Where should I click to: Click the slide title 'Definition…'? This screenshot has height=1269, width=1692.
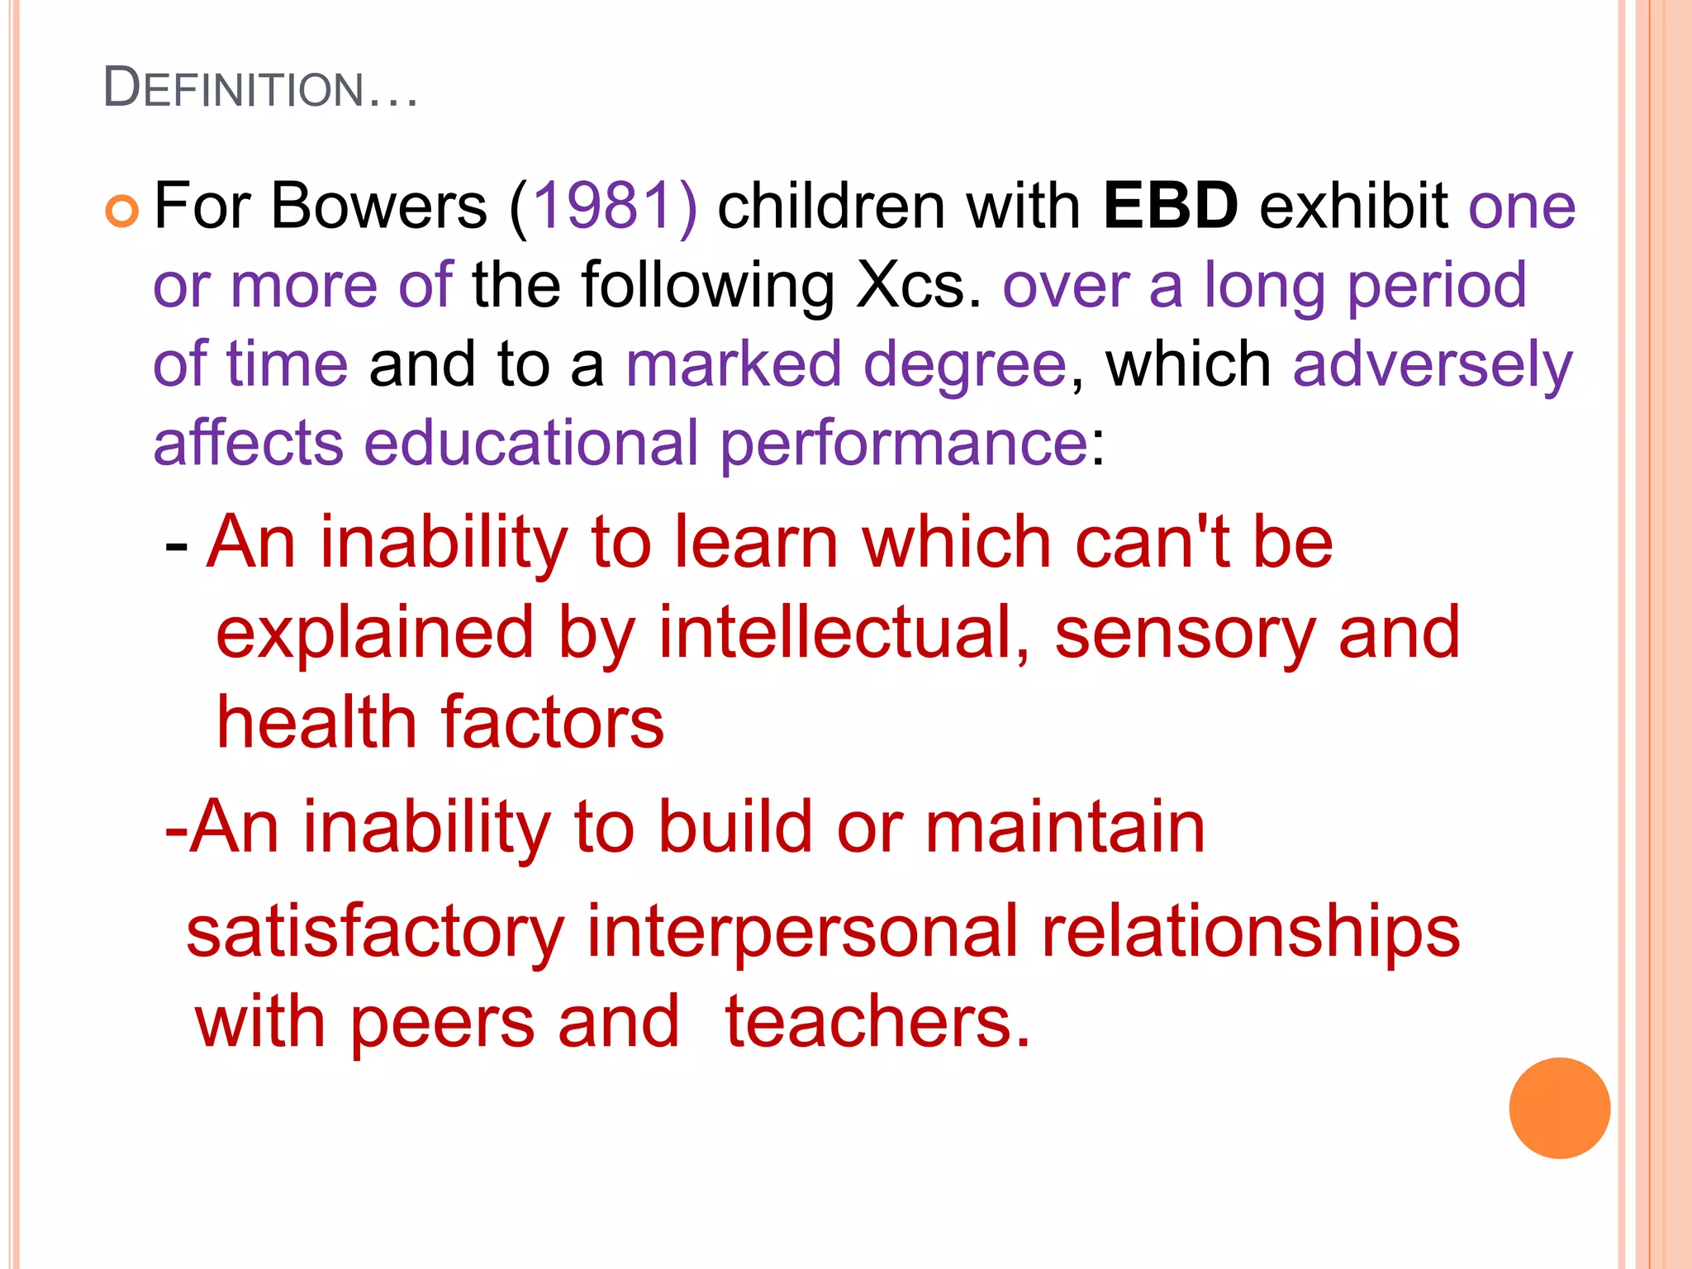[260, 88]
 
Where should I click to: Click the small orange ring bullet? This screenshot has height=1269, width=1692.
[122, 211]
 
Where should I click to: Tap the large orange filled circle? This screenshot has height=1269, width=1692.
[1559, 1108]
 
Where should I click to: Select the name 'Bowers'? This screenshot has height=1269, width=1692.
[378, 206]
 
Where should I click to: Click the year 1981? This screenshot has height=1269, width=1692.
[602, 206]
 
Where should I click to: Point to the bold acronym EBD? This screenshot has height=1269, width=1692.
[1170, 206]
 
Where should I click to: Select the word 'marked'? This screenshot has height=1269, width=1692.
[733, 364]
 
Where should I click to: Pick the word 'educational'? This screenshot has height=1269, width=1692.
[531, 444]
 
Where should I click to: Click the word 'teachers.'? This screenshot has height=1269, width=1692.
[877, 1024]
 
